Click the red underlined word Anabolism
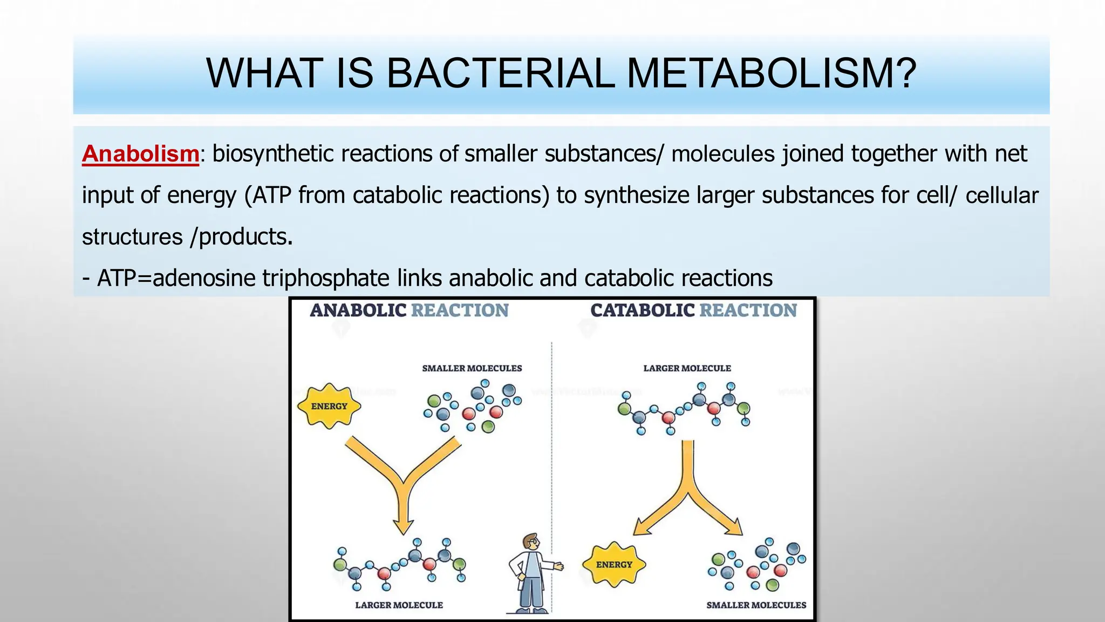point(140,154)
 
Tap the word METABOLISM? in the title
point(772,73)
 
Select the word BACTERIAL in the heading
point(500,73)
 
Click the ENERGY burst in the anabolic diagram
point(329,406)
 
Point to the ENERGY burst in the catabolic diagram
point(614,564)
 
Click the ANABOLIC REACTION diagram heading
point(409,310)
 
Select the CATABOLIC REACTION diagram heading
point(693,310)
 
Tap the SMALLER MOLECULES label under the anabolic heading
point(472,368)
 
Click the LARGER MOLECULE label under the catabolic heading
point(687,368)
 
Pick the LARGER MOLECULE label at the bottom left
point(399,605)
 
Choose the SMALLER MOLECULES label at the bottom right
point(756,605)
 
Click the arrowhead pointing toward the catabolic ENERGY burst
point(642,526)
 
